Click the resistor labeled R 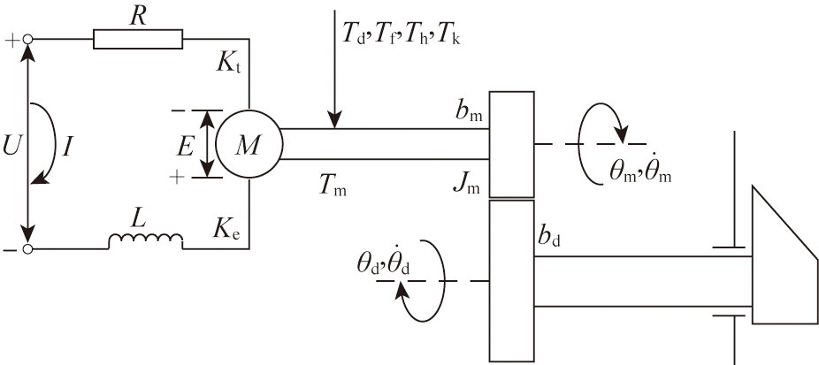tap(138, 38)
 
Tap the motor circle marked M tap(249, 144)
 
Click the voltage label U tap(11, 145)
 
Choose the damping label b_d tap(549, 237)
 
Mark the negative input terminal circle tap(28, 249)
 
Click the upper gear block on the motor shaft tap(511, 143)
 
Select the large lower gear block tap(511, 280)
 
